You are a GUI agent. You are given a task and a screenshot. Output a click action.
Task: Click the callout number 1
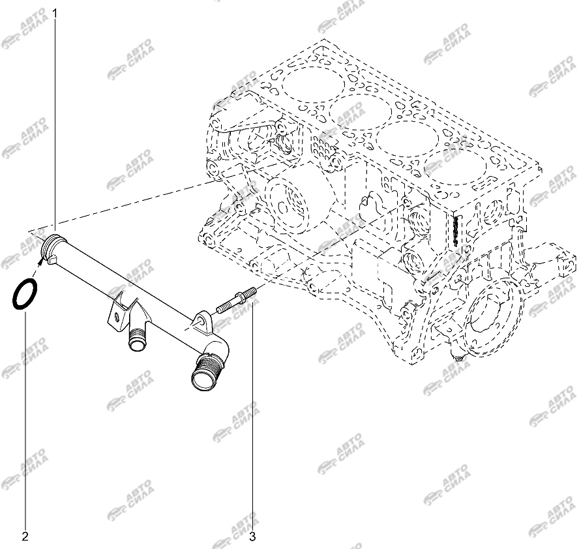tap(55, 14)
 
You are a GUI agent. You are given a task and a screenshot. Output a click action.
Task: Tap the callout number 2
tap(25, 536)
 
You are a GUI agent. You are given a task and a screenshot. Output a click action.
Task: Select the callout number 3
tap(253, 536)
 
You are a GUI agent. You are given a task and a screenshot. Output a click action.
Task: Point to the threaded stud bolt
tap(236, 300)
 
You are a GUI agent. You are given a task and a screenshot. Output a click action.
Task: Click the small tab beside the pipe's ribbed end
tap(53, 260)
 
